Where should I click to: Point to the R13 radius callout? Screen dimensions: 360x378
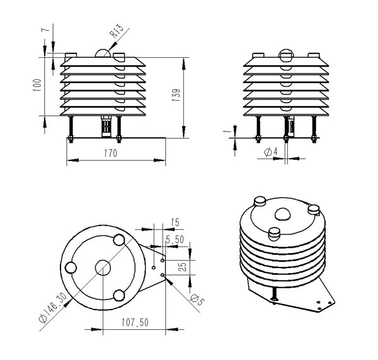coord(116,32)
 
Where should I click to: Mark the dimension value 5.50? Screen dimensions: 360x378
coord(174,240)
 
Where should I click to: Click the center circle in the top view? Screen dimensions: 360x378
coord(102,267)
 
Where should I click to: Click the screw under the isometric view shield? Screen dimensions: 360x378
coord(275,293)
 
